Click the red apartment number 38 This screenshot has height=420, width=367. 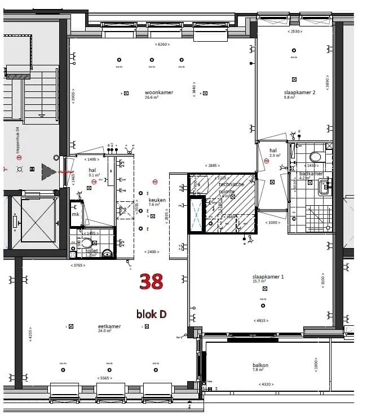151,281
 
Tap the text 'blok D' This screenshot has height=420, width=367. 151,314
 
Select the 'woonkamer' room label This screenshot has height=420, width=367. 158,92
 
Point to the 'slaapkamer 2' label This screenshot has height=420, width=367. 299,92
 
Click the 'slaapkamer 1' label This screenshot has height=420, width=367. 268,277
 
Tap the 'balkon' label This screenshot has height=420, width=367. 260,365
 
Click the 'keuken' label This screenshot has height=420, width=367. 157,200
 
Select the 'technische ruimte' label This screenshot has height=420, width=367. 231,188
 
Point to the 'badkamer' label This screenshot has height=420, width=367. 311,174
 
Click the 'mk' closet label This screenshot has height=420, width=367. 75,214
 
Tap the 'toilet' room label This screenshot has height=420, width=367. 91,250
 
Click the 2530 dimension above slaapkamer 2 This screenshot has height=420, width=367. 295,32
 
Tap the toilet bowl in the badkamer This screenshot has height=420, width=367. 315,157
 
